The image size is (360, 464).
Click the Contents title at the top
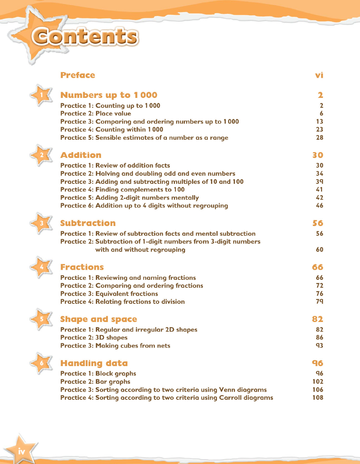(85, 38)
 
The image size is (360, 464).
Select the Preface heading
(78, 75)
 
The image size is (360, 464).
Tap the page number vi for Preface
(319, 75)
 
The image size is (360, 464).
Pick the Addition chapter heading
(81, 155)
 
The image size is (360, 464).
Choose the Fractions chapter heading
(82, 267)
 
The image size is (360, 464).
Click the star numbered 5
(41, 319)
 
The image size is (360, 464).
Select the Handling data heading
(94, 363)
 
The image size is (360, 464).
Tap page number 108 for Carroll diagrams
(317, 397)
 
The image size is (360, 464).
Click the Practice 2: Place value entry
(96, 113)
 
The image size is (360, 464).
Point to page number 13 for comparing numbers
(319, 122)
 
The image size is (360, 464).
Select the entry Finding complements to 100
(122, 190)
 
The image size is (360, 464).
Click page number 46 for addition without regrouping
(319, 205)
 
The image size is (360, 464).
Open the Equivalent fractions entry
(109, 294)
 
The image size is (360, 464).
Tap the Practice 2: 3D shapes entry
(94, 337)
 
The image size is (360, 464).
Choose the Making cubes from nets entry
(115, 346)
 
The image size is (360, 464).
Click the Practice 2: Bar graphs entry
(95, 382)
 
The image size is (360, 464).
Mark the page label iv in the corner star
(21, 451)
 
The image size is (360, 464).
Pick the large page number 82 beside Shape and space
(317, 319)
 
